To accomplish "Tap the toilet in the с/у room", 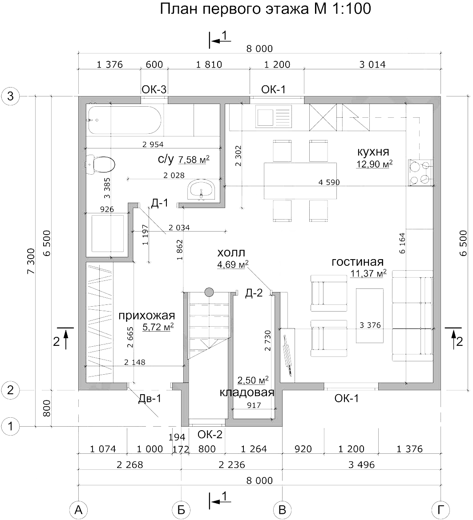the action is (101, 164).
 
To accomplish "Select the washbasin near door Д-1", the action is (202, 190).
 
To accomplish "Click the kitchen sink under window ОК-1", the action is (273, 117).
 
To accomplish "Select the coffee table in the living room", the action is (369, 316).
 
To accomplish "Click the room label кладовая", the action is (247, 393).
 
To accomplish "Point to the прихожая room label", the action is (146, 316).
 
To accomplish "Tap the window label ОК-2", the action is (210, 434).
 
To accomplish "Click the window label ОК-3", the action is (154, 89).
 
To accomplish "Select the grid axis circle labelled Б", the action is (182, 509).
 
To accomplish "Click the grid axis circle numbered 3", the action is (11, 96).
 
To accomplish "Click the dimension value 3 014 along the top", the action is (372, 64).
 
